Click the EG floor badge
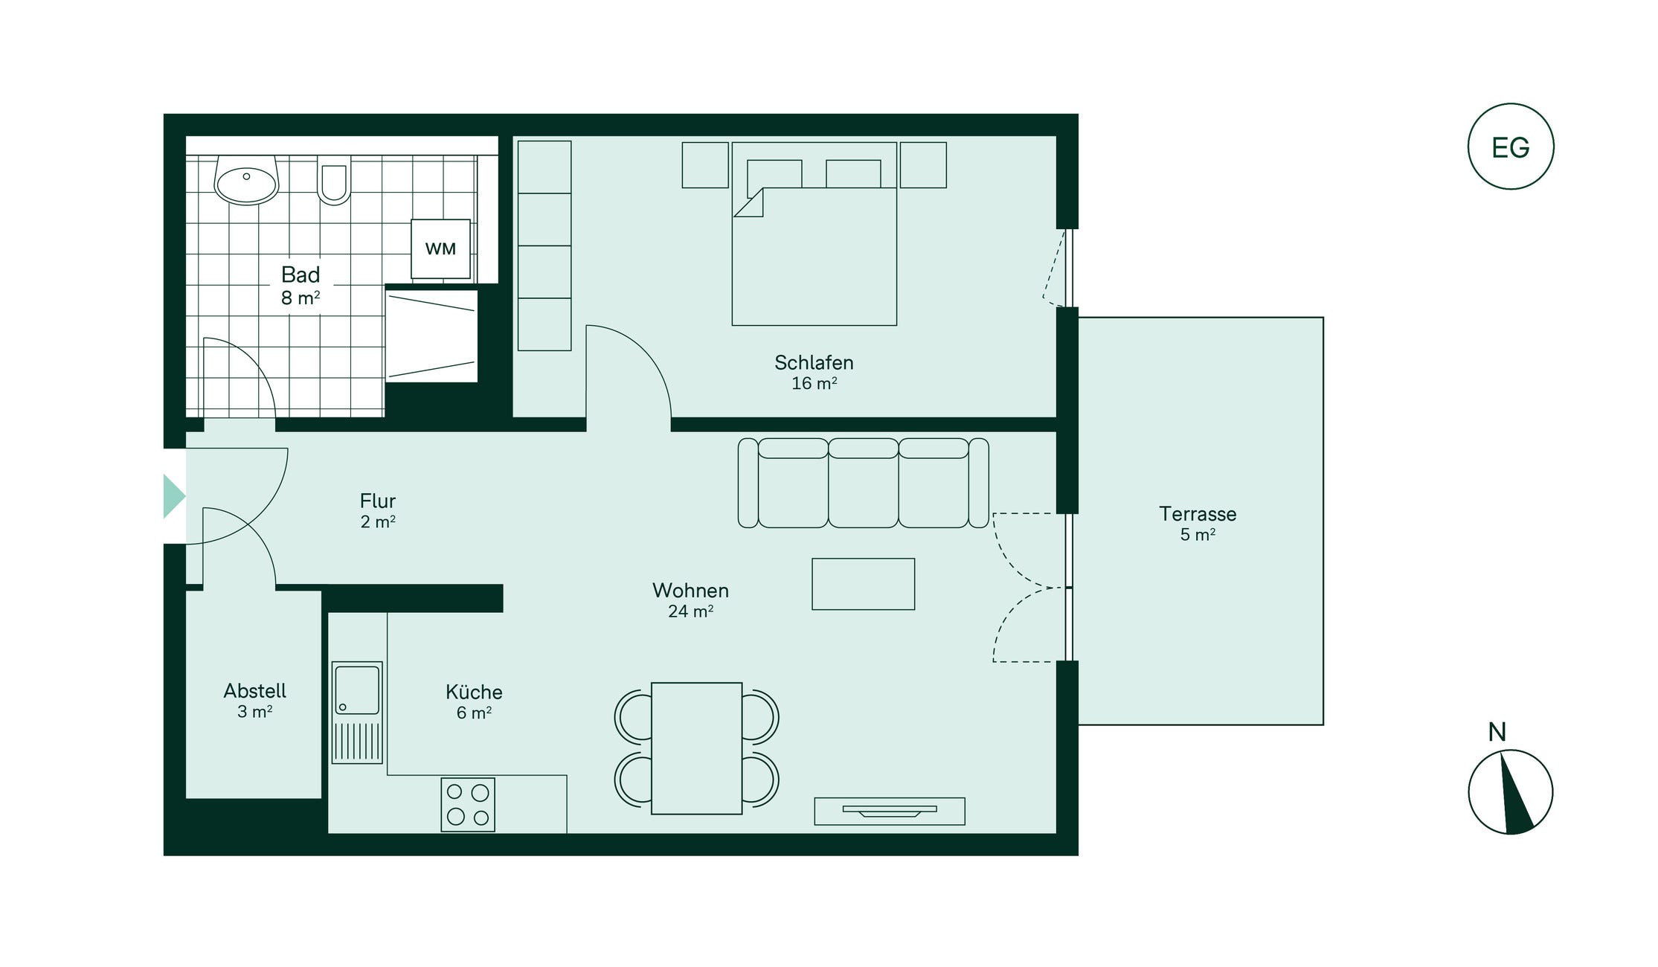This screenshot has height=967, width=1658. click(1511, 147)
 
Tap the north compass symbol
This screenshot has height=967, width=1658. click(1511, 791)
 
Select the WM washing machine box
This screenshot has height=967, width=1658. click(440, 248)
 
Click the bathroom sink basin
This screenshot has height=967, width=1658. click(246, 181)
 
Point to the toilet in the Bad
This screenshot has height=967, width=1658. click(334, 179)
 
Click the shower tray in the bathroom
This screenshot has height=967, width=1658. click(431, 336)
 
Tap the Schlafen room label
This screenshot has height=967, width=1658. click(814, 363)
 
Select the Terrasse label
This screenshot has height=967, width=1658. click(1198, 514)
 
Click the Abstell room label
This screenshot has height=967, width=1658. click(255, 691)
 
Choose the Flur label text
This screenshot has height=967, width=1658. click(378, 501)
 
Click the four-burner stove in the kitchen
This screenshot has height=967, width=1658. click(468, 805)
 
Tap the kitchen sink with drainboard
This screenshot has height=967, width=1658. click(357, 713)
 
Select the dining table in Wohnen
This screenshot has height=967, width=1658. click(696, 748)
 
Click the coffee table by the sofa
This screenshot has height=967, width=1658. click(863, 584)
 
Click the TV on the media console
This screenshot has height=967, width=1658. click(890, 811)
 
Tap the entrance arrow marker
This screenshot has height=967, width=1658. click(174, 496)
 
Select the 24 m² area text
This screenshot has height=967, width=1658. click(690, 611)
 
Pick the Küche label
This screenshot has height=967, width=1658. click(474, 692)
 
